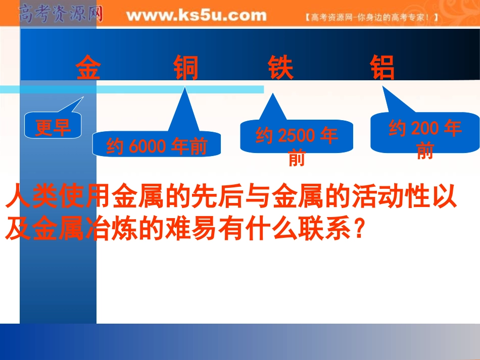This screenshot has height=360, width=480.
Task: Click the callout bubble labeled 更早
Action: click(53, 126)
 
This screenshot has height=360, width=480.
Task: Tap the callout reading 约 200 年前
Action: click(425, 133)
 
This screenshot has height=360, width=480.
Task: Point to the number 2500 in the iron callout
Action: click(297, 136)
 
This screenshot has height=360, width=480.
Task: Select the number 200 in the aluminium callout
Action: click(425, 129)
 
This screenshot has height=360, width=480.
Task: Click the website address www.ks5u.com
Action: click(196, 16)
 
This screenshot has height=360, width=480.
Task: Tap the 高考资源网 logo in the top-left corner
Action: click(61, 14)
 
